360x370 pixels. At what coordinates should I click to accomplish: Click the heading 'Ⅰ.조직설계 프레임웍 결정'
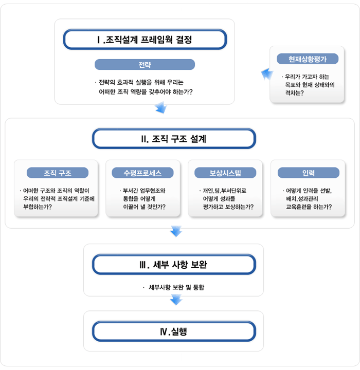click(x=145, y=40)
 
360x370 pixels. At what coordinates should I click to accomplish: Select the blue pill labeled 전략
click(x=145, y=64)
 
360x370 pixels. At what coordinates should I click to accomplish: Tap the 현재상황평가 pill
click(x=308, y=59)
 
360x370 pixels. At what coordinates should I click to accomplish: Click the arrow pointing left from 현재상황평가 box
click(x=267, y=74)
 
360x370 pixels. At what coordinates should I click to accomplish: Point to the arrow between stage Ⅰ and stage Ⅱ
click(x=161, y=107)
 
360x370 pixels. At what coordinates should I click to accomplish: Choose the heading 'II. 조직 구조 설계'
click(x=174, y=139)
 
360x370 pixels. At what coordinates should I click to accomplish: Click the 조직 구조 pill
click(x=58, y=173)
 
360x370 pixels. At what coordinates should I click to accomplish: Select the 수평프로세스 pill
click(x=142, y=173)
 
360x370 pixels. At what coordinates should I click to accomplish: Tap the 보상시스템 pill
click(x=225, y=173)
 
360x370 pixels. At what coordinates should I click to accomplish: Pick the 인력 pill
click(x=308, y=173)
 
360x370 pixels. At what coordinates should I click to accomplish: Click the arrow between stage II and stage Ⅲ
click(x=176, y=231)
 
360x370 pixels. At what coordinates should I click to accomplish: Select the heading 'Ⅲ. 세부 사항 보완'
click(x=174, y=264)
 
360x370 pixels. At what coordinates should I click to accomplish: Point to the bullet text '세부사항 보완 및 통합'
click(x=176, y=287)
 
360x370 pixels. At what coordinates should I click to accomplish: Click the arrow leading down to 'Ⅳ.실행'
click(x=176, y=300)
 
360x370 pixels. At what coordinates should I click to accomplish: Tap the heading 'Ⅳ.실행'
click(x=174, y=331)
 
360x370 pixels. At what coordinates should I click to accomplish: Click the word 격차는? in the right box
click(x=294, y=92)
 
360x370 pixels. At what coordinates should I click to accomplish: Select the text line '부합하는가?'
click(x=38, y=207)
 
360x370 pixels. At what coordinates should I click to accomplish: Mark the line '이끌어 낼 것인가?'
click(x=144, y=207)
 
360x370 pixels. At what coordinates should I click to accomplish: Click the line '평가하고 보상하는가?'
click(x=228, y=207)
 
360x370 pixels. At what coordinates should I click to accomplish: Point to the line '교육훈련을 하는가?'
click(x=309, y=207)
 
